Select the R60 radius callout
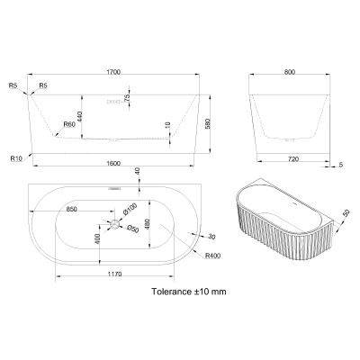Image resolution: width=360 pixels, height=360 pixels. tap(68, 124)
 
